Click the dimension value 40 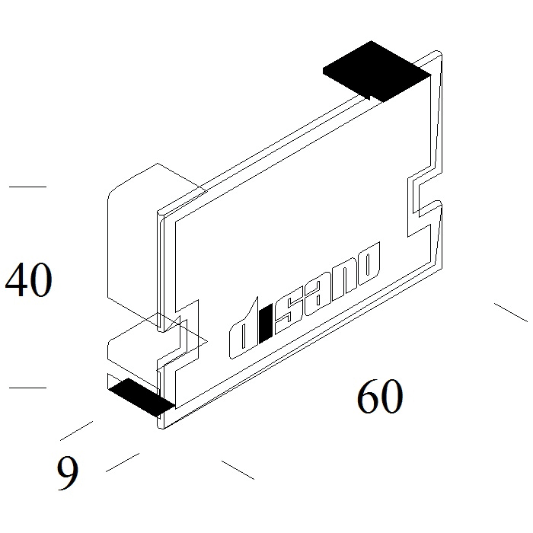[x=29, y=279]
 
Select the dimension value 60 [x=380, y=396]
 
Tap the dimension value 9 [x=68, y=473]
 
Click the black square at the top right [x=377, y=72]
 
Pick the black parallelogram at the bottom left [x=141, y=397]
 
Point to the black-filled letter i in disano [x=265, y=324]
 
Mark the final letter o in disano [x=368, y=263]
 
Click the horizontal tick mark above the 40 [x=27, y=187]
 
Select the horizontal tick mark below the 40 [x=27, y=387]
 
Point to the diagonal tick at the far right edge [x=511, y=312]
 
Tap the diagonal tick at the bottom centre [x=238, y=470]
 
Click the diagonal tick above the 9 [x=76, y=431]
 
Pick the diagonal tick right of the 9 [x=123, y=462]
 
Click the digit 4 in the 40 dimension [x=16, y=279]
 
